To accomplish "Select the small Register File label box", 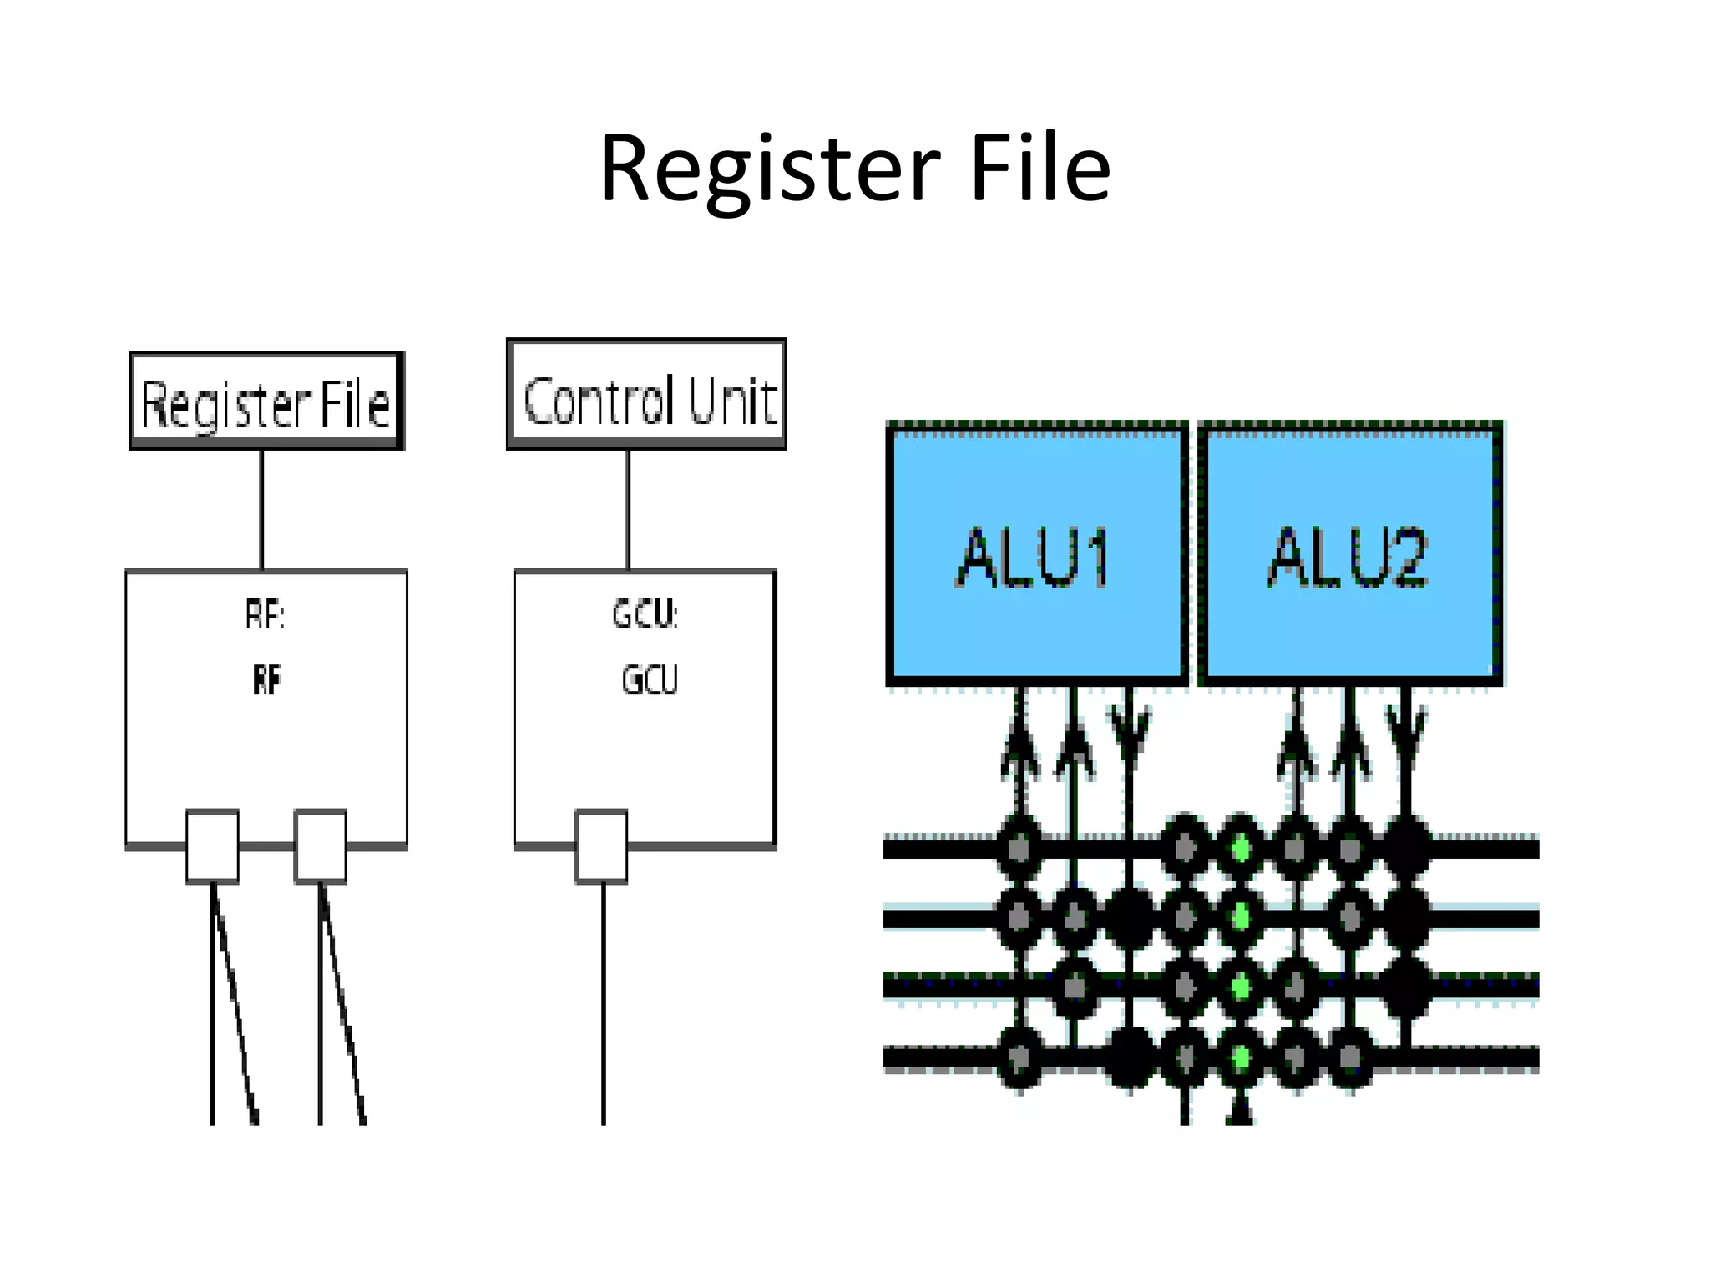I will (x=267, y=401).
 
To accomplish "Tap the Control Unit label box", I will (x=646, y=395).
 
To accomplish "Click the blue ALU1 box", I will (x=1035, y=554).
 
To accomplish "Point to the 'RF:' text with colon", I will (x=266, y=615).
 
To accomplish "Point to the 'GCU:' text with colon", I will (x=645, y=614).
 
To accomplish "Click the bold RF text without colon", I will (x=267, y=679).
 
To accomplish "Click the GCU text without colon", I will (x=650, y=679).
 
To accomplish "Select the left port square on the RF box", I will (x=212, y=845).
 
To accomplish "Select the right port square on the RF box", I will (x=321, y=845).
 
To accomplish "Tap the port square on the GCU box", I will (x=601, y=845).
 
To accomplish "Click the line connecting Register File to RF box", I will (x=262, y=509).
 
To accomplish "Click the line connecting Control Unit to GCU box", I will (x=629, y=509).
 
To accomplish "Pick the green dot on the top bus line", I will (x=1241, y=849).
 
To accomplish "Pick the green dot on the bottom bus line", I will (x=1241, y=1058).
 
